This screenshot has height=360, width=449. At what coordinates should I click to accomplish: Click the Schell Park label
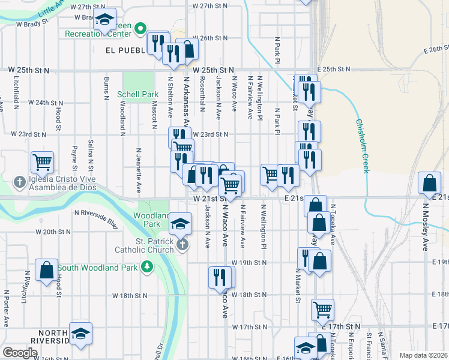(137, 94)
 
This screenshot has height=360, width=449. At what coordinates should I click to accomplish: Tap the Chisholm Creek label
(362, 146)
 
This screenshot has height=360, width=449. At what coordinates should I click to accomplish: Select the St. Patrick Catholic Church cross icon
(182, 244)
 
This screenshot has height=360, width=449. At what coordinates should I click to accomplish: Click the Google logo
(20, 353)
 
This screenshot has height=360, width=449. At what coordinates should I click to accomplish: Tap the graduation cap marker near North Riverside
(80, 334)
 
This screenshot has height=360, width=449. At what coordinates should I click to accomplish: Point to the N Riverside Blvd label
(96, 219)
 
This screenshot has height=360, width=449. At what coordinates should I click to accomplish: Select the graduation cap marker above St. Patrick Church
(181, 224)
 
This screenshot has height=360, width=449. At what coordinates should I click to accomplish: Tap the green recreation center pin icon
(141, 28)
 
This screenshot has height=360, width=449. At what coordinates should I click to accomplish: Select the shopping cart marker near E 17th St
(322, 310)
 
